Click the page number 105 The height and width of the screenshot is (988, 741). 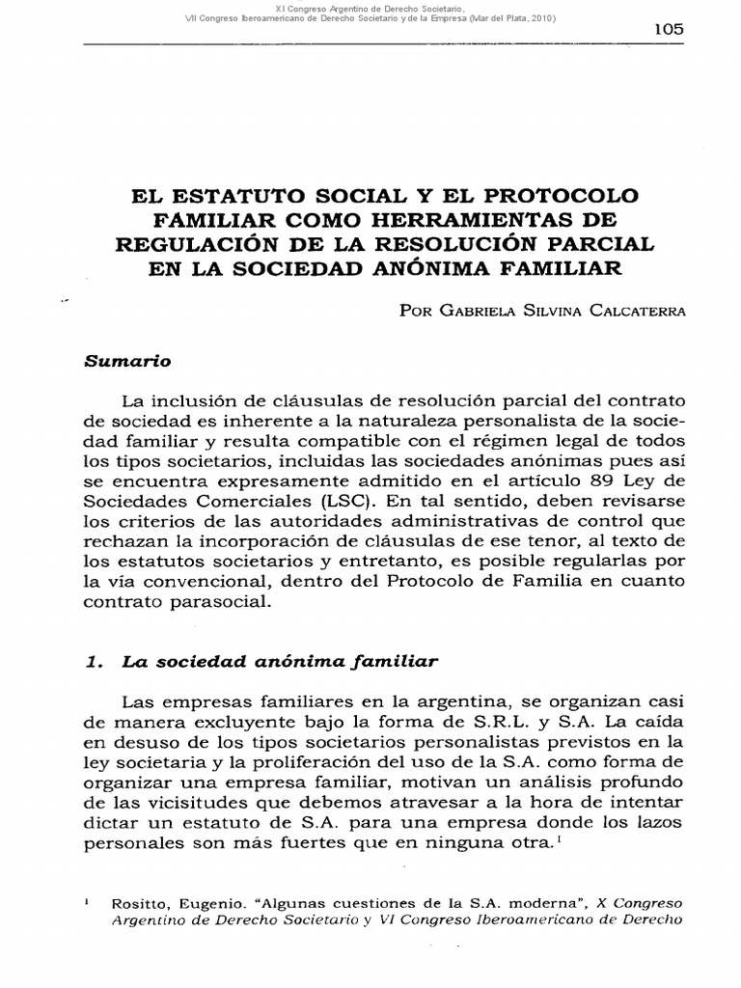point(668,29)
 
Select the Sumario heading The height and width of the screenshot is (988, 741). point(127,361)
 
